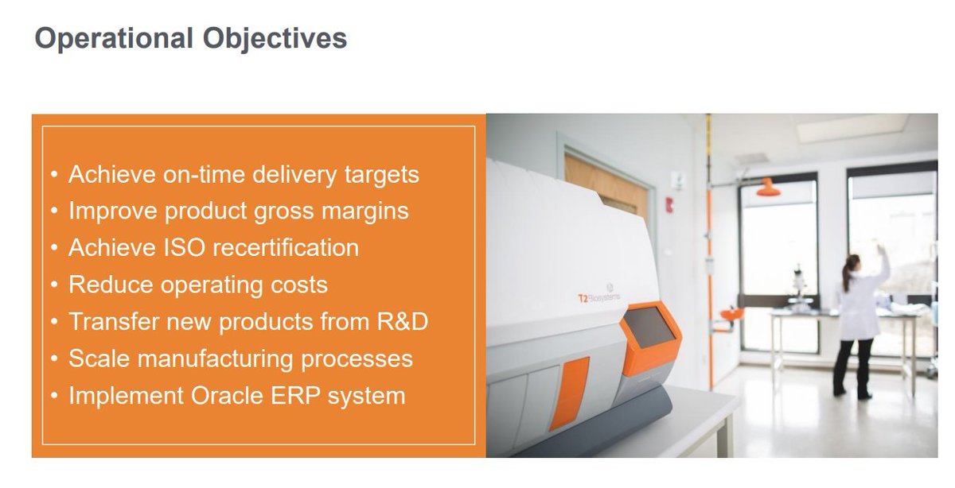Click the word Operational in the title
pyautogui.click(x=114, y=39)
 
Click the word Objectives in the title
pyautogui.click(x=275, y=39)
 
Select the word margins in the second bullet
pyautogui.click(x=364, y=211)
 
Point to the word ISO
pyautogui.click(x=185, y=248)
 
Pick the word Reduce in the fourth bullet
pyautogui.click(x=111, y=285)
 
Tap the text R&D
pyautogui.click(x=403, y=322)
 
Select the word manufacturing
pyautogui.click(x=216, y=358)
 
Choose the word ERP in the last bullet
pyautogui.click(x=295, y=396)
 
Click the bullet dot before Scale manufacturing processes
pyautogui.click(x=54, y=358)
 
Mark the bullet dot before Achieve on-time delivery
pyautogui.click(x=54, y=174)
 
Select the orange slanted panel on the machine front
pyautogui.click(x=569, y=393)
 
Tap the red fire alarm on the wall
pyautogui.click(x=669, y=205)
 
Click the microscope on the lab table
pyautogui.click(x=798, y=285)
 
